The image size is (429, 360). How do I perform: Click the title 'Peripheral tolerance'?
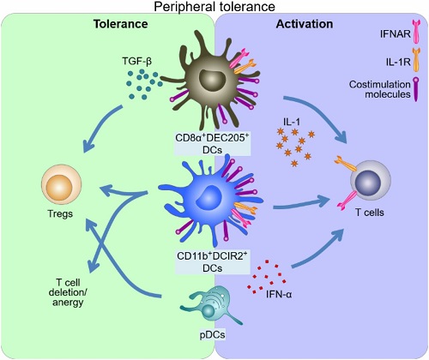214,6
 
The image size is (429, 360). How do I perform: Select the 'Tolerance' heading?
121,24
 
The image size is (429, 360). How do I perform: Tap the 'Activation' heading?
305,24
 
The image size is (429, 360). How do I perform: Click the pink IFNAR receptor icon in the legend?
416,32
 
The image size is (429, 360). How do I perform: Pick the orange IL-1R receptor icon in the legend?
416,60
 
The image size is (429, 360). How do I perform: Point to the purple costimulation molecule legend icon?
415,89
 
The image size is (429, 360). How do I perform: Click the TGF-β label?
137,61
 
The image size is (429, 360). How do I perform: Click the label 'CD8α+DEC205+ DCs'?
212,144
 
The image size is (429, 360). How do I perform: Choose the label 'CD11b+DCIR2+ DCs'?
212,262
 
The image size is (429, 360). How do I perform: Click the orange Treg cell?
62,184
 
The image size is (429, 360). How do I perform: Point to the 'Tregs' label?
60,213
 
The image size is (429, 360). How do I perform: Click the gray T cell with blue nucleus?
371,181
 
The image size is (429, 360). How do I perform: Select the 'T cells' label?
370,213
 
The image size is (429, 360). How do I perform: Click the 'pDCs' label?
213,334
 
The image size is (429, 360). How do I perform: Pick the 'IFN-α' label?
279,294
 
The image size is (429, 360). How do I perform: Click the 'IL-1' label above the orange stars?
292,122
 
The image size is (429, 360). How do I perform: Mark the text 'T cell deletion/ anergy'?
68,292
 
